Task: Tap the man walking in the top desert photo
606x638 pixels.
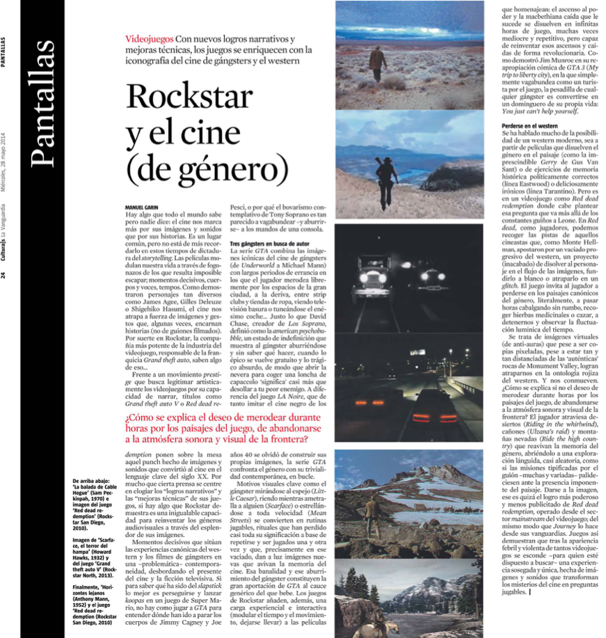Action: pyautogui.click(x=378, y=61)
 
